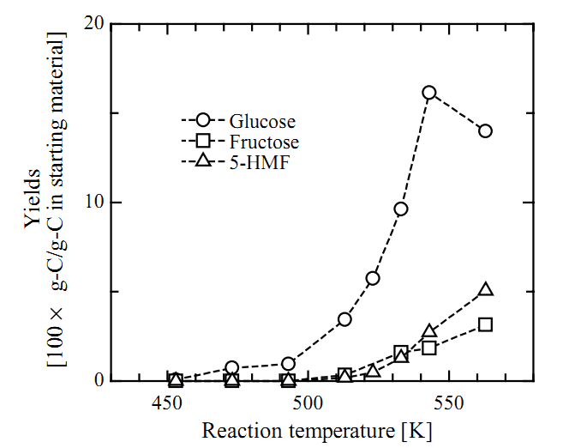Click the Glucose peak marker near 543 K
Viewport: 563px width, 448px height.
429,93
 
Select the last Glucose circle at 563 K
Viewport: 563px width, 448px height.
486,130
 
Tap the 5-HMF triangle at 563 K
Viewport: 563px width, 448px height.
486,290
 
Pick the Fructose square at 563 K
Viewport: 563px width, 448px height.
486,324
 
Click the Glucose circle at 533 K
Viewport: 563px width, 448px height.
400,209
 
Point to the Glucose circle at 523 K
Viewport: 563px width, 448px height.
373,278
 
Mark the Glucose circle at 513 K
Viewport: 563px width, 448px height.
344,319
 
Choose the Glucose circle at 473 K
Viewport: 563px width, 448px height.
232,367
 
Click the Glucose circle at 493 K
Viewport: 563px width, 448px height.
289,364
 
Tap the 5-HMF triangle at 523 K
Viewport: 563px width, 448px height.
373,371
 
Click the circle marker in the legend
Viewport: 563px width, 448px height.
202,120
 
